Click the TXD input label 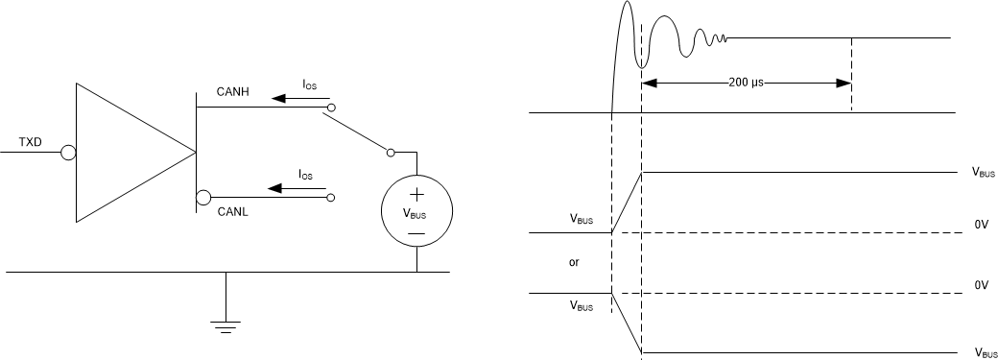31,143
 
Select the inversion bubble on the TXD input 67,153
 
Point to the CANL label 232,212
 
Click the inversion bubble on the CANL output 202,199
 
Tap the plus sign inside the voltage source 416,195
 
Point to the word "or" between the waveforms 575,261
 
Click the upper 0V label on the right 981,224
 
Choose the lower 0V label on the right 981,285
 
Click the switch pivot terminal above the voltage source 390,152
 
